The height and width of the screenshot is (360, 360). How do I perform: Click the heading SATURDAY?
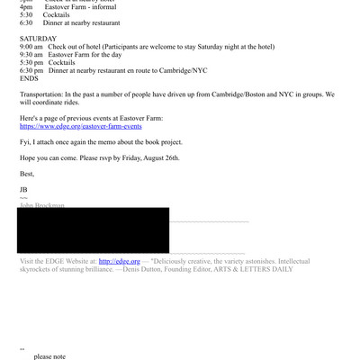point(38,39)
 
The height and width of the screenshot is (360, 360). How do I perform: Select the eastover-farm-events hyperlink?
point(80,127)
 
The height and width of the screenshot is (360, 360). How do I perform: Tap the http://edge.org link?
point(120,261)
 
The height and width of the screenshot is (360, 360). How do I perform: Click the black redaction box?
point(93,229)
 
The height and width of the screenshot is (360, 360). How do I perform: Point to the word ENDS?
point(30,78)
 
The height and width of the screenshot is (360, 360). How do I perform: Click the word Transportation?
point(41,94)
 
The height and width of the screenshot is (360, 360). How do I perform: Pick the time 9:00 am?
point(31,47)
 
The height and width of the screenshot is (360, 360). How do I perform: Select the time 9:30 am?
point(31,54)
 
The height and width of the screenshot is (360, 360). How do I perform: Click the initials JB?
point(23,189)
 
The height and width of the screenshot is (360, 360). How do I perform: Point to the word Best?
point(27,174)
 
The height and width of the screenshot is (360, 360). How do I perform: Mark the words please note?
point(49,356)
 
